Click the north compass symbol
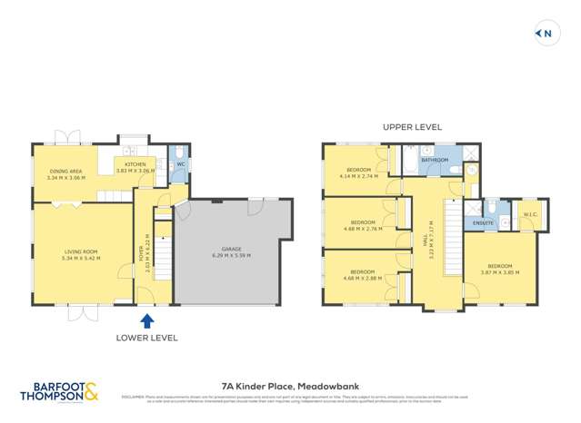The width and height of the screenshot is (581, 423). click(545, 34)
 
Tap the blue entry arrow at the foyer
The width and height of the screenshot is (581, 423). click(147, 319)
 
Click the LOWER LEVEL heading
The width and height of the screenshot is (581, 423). click(147, 337)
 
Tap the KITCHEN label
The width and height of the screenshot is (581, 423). click(125, 164)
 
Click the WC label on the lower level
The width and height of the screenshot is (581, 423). click(180, 164)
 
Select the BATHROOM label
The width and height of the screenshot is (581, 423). click(435, 160)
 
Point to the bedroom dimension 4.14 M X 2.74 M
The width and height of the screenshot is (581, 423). click(358, 176)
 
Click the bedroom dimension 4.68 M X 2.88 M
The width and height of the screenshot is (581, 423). click(363, 278)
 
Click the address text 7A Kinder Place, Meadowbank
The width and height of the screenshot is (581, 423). click(290, 385)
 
